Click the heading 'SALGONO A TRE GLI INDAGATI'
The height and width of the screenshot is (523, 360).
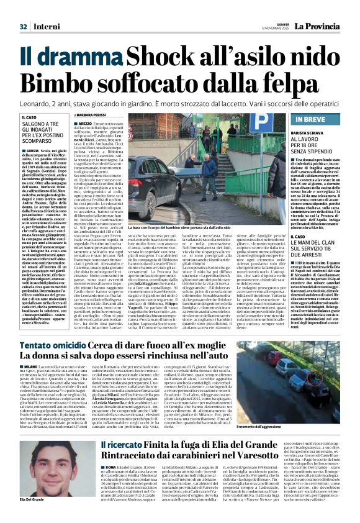click(42, 129)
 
